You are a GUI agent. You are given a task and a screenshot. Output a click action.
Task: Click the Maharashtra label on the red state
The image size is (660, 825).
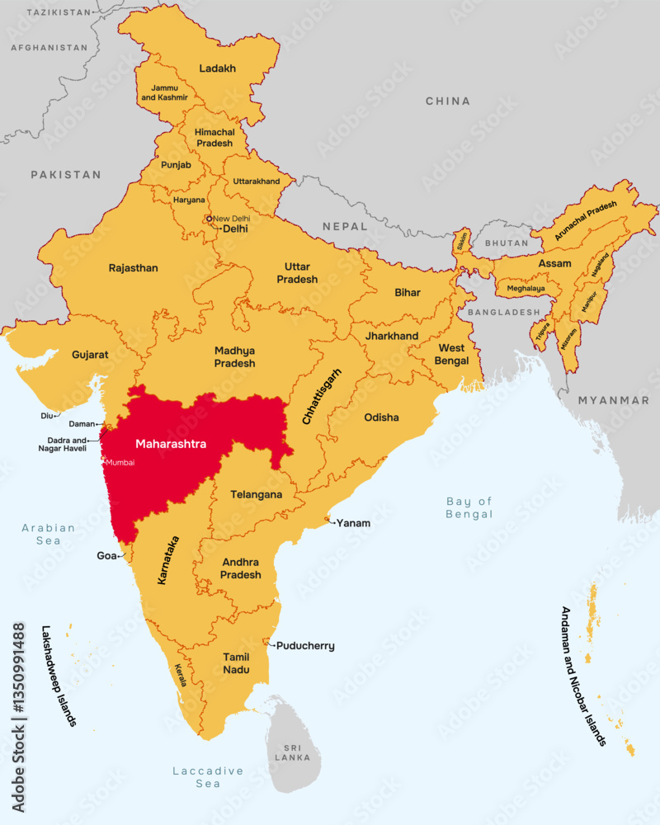click(171, 444)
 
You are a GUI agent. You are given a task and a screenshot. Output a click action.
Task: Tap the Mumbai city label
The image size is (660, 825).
click(120, 463)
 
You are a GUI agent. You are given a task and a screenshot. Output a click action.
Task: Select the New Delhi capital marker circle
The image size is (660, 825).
click(210, 219)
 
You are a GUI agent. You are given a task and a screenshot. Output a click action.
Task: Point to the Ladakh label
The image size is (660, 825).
click(218, 68)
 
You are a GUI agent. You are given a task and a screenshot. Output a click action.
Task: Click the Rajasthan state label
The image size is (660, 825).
click(133, 268)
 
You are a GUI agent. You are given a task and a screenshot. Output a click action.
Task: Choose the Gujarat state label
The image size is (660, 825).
click(90, 354)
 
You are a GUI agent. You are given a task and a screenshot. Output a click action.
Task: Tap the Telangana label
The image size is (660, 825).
click(256, 495)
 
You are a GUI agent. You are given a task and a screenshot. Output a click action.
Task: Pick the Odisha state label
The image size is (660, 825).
click(381, 417)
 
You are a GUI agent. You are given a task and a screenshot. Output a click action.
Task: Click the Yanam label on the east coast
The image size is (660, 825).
click(353, 523)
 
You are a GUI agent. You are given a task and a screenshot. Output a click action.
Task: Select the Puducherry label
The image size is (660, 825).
click(305, 646)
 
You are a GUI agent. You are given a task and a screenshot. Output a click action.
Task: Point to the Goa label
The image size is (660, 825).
click(106, 556)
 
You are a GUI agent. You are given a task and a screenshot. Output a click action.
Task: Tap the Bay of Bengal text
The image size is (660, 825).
click(469, 507)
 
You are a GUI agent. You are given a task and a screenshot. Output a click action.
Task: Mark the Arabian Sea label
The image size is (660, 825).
click(49, 534)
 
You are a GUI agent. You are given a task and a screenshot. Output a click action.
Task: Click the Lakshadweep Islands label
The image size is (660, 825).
click(59, 675)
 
